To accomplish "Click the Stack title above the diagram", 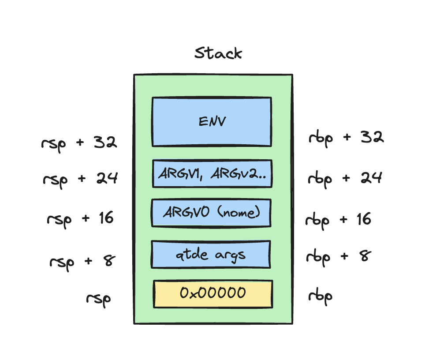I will click(218, 53).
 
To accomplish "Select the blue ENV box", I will click(212, 122).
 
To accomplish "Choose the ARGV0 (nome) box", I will click(211, 213).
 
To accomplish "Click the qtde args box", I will click(211, 255).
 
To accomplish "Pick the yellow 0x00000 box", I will click(213, 293).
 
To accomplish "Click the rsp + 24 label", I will click(80, 179).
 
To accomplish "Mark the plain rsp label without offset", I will click(98, 299).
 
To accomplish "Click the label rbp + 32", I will click(347, 138).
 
